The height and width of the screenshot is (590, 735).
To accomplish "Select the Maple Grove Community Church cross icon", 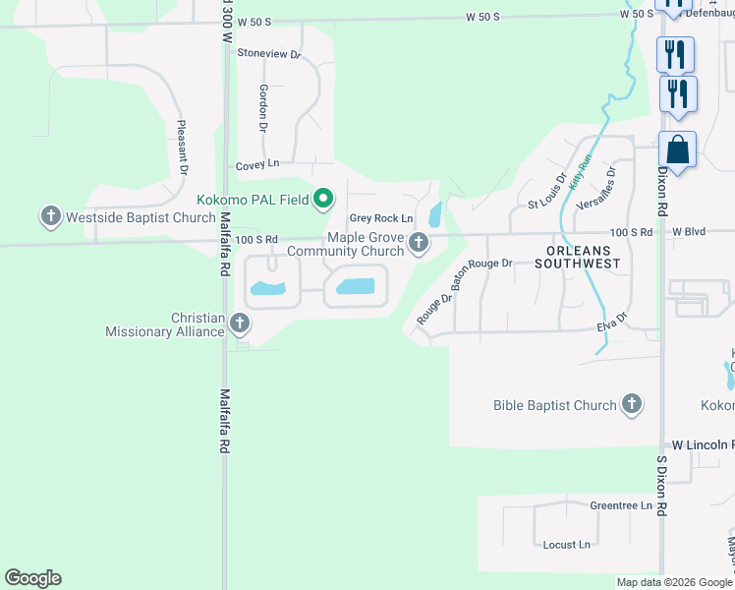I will [420, 242].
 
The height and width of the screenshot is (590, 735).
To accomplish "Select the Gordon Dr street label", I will [263, 107].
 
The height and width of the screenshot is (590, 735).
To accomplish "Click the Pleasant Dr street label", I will [182, 147].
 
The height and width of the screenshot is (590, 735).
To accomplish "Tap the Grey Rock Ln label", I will [381, 218].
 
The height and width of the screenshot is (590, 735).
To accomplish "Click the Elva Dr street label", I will [610, 323].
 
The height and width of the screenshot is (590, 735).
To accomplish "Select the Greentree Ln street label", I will [621, 505].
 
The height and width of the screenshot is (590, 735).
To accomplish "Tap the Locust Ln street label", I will [566, 544].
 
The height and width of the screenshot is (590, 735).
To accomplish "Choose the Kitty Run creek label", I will [581, 173].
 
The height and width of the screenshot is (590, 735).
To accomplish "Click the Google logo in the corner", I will [32, 578].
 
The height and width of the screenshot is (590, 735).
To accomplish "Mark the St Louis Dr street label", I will [547, 192].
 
